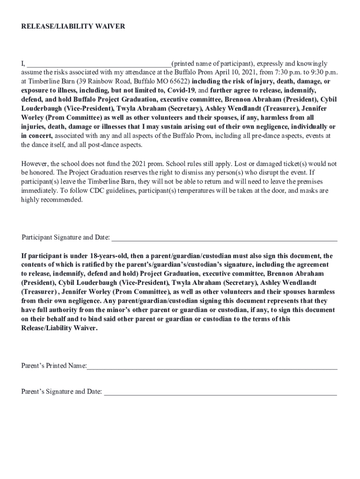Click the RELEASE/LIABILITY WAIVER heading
pyautogui.click(x=73, y=27)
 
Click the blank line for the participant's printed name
pyautogui.click(x=99, y=64)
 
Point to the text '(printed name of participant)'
pyautogui.click(x=213, y=64)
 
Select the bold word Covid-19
pyautogui.click(x=182, y=90)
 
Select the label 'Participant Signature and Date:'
pyautogui.click(x=65, y=237)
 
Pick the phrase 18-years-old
pyautogui.click(x=105, y=256)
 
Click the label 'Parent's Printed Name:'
pyautogui.click(x=54, y=366)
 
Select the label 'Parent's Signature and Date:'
pyautogui.click(x=61, y=392)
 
